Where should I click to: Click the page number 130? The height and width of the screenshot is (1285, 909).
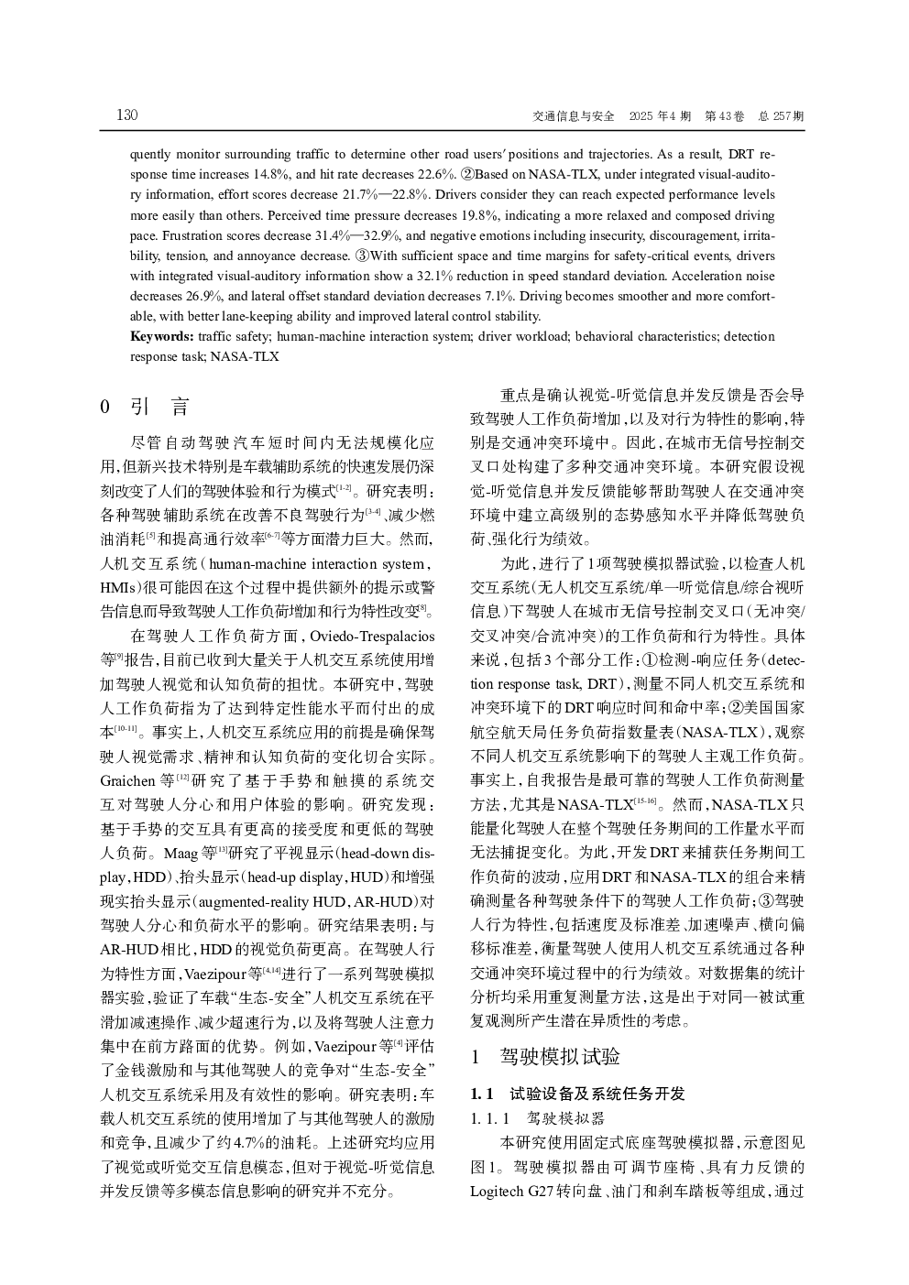(x=126, y=115)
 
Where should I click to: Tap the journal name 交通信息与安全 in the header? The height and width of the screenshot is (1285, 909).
(x=574, y=116)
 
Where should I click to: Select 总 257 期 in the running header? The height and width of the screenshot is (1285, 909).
(x=781, y=116)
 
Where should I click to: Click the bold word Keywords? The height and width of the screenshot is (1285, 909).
(x=161, y=336)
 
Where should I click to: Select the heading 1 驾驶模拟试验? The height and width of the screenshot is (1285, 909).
(x=546, y=1057)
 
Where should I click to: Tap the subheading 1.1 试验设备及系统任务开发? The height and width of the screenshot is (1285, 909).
(x=577, y=1094)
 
